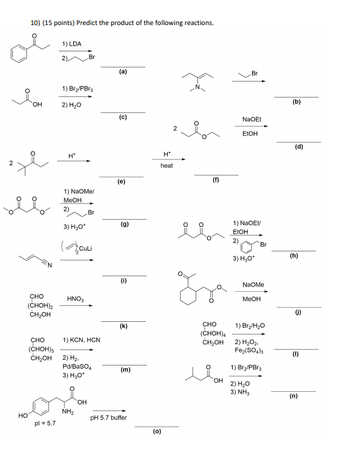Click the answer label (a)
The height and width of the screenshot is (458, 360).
point(123,71)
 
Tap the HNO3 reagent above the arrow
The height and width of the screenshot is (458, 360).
point(75,299)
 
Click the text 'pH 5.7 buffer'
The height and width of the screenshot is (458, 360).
point(109,418)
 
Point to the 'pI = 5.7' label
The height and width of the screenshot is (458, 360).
point(45,423)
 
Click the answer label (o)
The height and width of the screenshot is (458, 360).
point(157,431)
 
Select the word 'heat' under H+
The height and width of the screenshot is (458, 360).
point(166,166)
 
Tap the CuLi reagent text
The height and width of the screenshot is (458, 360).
point(85,249)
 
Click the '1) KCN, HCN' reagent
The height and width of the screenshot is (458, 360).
point(82,340)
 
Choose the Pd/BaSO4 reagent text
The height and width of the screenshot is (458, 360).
point(77,367)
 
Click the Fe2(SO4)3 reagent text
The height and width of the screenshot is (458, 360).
point(249,350)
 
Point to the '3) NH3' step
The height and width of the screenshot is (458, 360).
point(240,392)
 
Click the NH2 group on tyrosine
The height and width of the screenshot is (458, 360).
point(67,412)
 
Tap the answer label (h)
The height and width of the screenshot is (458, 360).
point(294,256)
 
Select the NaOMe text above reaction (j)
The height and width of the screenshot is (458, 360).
point(253,285)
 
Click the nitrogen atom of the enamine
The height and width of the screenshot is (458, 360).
point(197,87)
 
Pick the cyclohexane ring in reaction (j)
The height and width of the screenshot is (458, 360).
point(188,295)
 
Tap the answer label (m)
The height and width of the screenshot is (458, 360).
point(125,370)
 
